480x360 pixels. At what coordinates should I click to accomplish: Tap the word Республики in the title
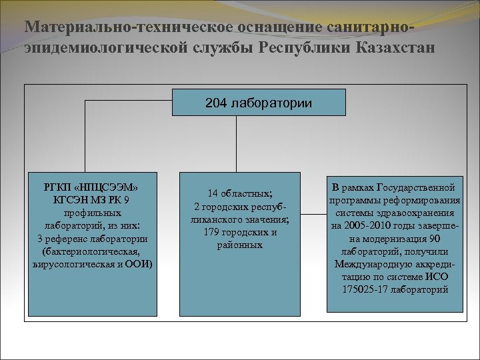point(305,49)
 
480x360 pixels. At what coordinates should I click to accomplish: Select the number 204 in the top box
point(216,103)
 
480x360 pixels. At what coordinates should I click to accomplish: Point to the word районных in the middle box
point(239,245)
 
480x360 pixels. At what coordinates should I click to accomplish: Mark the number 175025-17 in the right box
point(365,289)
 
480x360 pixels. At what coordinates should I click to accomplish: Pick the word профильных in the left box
point(93,213)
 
